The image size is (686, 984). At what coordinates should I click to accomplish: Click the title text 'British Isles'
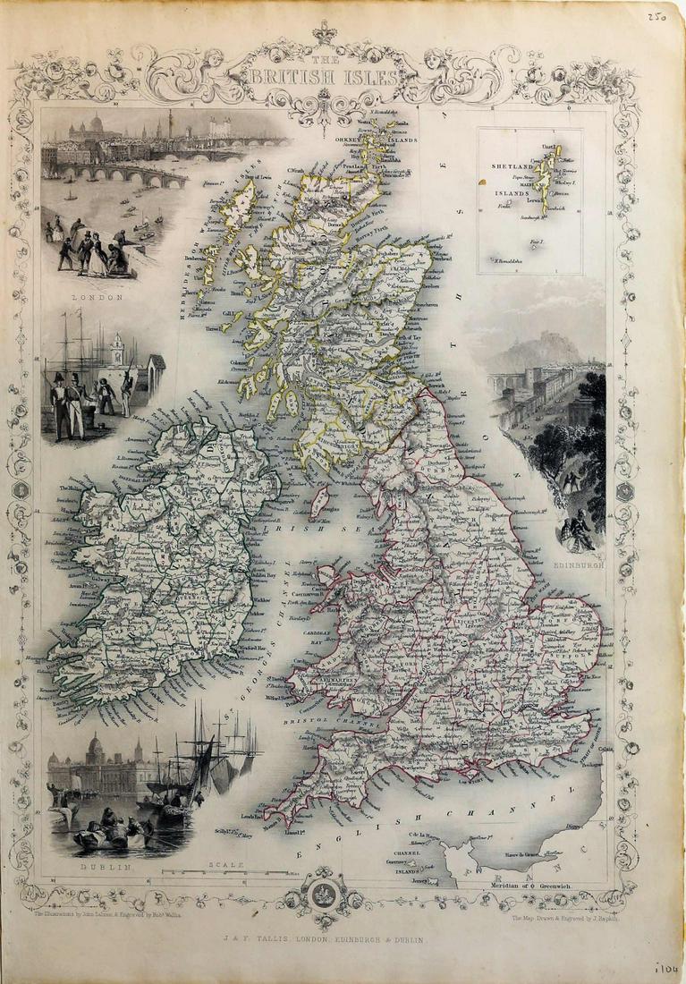tap(325, 77)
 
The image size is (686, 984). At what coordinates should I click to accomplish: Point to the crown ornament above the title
tap(322, 33)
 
